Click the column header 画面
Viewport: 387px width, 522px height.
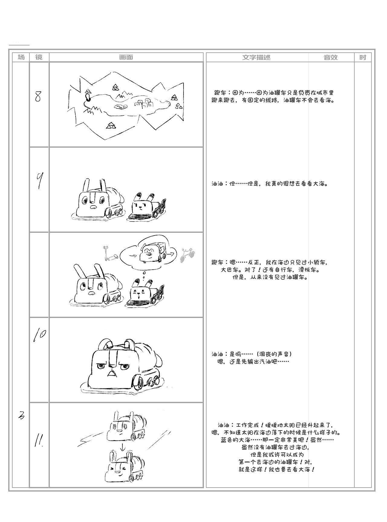(126, 57)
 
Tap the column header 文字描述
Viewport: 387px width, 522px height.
(256, 57)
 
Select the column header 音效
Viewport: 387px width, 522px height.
(330, 57)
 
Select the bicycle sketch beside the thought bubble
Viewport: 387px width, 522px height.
(187, 255)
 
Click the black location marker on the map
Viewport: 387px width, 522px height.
(88, 97)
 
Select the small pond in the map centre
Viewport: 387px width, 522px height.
(120, 106)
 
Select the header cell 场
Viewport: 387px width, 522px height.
(21, 57)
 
